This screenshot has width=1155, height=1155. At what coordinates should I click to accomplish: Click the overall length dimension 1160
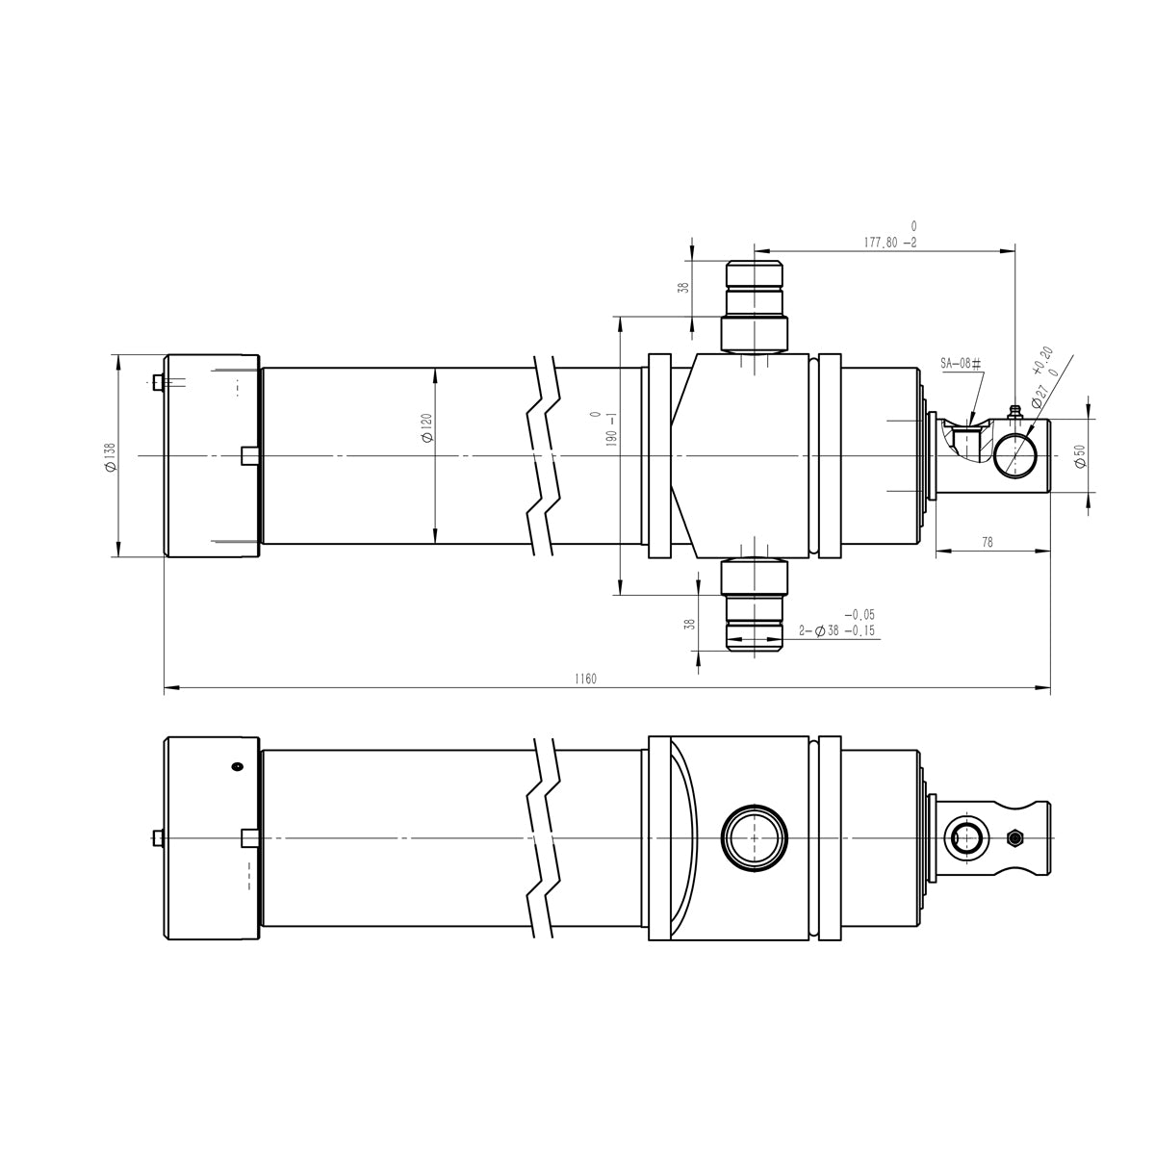(585, 679)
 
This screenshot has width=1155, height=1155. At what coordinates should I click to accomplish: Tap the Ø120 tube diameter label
(426, 427)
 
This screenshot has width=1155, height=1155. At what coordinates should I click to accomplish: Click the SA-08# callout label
(960, 365)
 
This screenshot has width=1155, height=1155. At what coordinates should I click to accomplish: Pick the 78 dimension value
(987, 543)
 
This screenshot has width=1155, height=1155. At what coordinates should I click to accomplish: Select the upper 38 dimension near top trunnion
(684, 288)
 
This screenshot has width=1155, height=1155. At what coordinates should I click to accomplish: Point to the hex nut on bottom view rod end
(1012, 838)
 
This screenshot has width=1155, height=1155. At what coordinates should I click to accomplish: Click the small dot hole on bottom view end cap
(237, 766)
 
